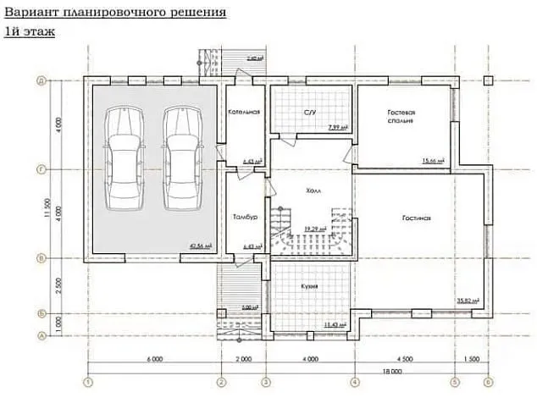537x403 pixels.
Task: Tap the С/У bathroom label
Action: pyautogui.click(x=310, y=112)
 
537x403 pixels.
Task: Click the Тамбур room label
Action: pyautogui.click(x=243, y=218)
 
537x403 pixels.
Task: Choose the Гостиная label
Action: pyautogui.click(x=417, y=218)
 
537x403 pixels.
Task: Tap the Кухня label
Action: pyautogui.click(x=309, y=287)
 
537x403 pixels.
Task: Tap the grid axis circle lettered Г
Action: pyautogui.click(x=41, y=169)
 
